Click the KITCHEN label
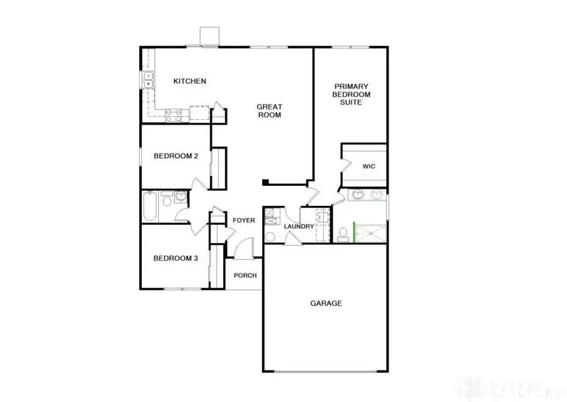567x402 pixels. point(190,81)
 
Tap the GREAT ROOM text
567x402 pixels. point(268,111)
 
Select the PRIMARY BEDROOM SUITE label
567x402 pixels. point(352,94)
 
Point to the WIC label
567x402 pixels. point(369,167)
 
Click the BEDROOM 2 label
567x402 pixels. point(176,156)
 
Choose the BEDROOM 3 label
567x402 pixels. point(176,258)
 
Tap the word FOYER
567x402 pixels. point(244,221)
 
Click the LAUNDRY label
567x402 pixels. point(299,226)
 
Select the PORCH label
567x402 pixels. point(245,275)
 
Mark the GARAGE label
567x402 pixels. point(326,303)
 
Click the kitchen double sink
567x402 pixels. point(149,81)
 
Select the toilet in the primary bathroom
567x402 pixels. point(343,234)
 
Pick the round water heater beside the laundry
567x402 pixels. point(270,237)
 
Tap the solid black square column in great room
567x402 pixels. point(266,183)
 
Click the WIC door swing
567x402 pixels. point(346,166)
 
